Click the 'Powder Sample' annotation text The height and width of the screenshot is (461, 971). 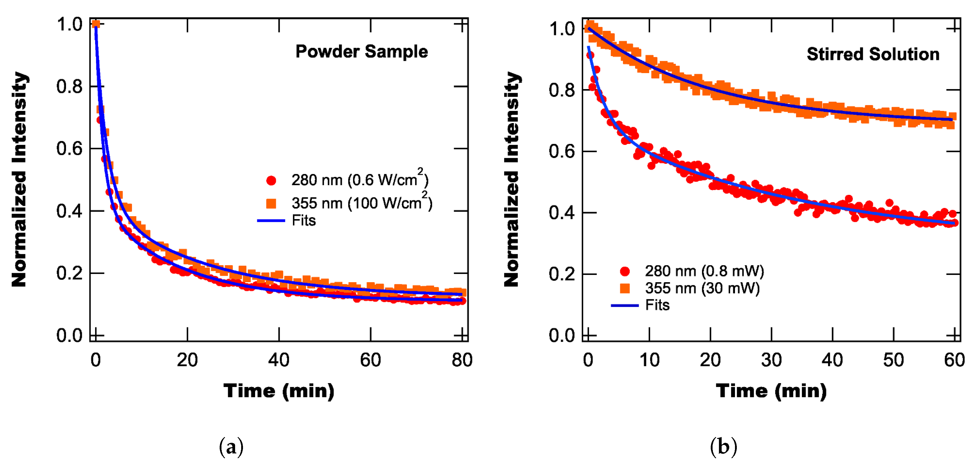click(361, 52)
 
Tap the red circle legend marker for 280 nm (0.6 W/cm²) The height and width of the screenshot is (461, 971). click(271, 181)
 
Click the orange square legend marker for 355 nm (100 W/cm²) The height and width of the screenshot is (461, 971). click(271, 204)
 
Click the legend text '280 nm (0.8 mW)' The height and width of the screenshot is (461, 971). click(704, 271)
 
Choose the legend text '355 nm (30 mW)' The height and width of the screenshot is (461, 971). click(702, 288)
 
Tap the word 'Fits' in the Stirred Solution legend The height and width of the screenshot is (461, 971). click(657, 305)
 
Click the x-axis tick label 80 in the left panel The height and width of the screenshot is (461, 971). click(462, 360)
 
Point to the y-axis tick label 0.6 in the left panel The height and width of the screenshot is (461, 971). click(69, 149)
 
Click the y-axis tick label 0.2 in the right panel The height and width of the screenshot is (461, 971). click(562, 274)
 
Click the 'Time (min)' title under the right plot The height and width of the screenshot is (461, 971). click(771, 391)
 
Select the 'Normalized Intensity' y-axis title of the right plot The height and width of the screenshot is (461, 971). click(512, 179)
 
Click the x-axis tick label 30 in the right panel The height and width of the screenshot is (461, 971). click(771, 360)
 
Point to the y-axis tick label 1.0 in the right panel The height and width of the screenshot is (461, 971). click(562, 29)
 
